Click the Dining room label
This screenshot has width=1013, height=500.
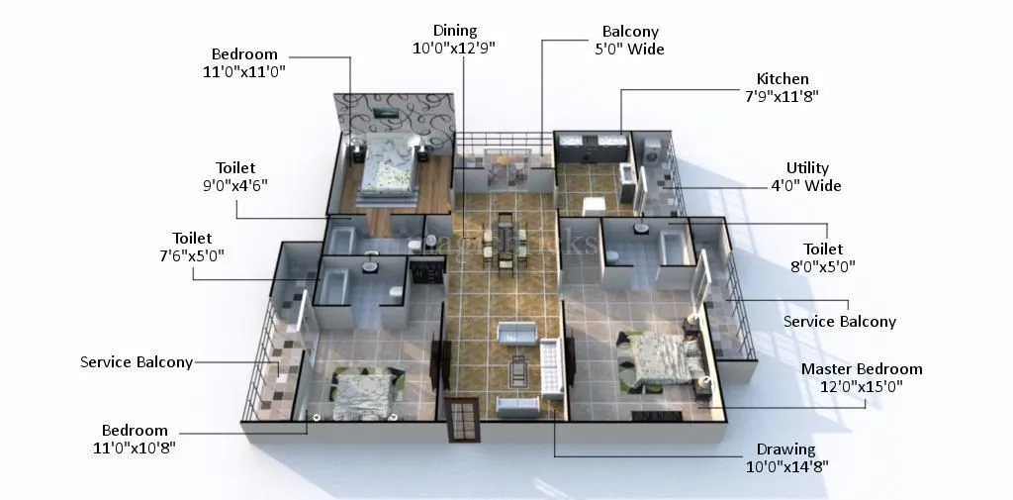coord(454,31)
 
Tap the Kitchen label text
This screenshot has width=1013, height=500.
coord(783,79)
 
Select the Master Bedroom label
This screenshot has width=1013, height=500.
coord(861,369)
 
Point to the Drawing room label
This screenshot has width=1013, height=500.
coord(785,449)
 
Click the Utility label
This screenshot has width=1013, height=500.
coord(807,168)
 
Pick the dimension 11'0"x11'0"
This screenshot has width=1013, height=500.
coord(244,71)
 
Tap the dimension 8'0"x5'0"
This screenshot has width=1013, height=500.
coord(823,265)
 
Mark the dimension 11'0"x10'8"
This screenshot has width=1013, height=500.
coord(135,448)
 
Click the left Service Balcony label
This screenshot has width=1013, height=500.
coord(137,362)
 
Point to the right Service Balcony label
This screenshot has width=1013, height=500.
coord(839,322)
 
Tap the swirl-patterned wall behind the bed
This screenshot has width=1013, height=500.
coord(396,114)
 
